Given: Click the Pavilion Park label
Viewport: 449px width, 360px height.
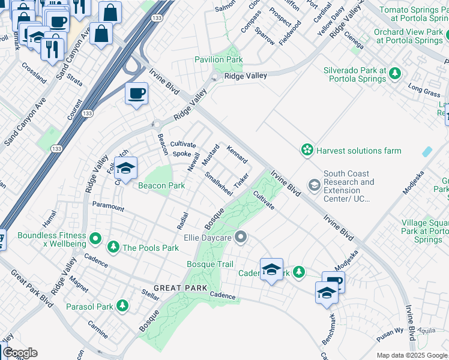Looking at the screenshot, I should (218, 60).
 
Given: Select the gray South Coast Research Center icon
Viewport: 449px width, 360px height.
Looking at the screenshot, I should (314, 185).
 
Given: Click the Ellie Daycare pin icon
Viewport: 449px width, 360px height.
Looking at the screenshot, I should (241, 238).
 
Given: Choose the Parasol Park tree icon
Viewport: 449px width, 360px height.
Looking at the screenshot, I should (122, 306).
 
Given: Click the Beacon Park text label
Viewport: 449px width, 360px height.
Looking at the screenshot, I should (161, 186).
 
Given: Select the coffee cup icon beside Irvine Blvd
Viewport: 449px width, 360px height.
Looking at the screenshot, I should (137, 94).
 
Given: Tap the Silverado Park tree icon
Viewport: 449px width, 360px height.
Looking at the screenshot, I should (394, 74).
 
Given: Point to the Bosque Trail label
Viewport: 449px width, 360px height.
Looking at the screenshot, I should (210, 264).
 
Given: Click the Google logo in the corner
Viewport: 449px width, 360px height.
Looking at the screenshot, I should (20, 353).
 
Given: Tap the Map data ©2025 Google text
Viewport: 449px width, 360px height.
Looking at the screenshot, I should (411, 355).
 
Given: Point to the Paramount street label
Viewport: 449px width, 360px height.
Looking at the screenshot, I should (108, 207).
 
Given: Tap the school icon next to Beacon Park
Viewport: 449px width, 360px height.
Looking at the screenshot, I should (126, 169).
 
